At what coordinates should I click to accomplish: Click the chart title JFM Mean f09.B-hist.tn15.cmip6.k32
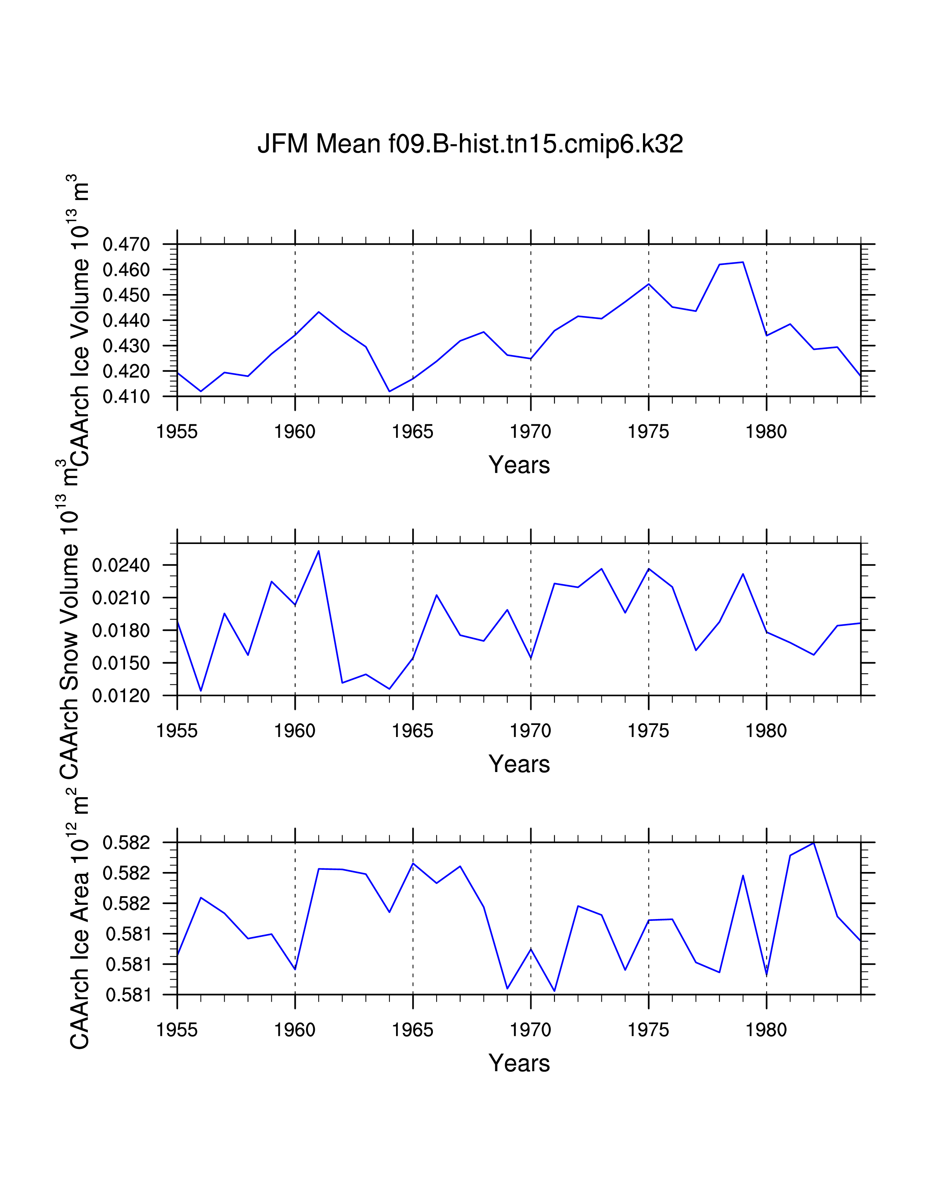point(470,144)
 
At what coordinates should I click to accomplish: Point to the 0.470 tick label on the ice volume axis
point(126,245)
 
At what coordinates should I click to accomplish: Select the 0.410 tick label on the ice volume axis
point(126,397)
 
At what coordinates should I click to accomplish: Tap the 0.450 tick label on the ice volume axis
point(126,296)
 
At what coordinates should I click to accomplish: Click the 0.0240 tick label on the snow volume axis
point(121,566)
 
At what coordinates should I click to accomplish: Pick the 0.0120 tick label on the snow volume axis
point(121,696)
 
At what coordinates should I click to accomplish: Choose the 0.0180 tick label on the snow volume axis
point(121,631)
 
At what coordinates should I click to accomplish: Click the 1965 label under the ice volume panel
point(412,432)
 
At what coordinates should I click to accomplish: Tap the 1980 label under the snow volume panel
point(766,731)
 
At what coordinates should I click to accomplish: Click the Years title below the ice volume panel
point(519,465)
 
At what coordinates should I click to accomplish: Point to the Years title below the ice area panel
point(519,1063)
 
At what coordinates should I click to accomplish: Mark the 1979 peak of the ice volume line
point(743,262)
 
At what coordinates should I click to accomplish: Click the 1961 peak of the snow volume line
point(318,551)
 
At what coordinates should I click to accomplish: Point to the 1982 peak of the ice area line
point(813,843)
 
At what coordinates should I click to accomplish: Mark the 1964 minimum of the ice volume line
point(390,391)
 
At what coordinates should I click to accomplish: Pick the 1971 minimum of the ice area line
point(554,991)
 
